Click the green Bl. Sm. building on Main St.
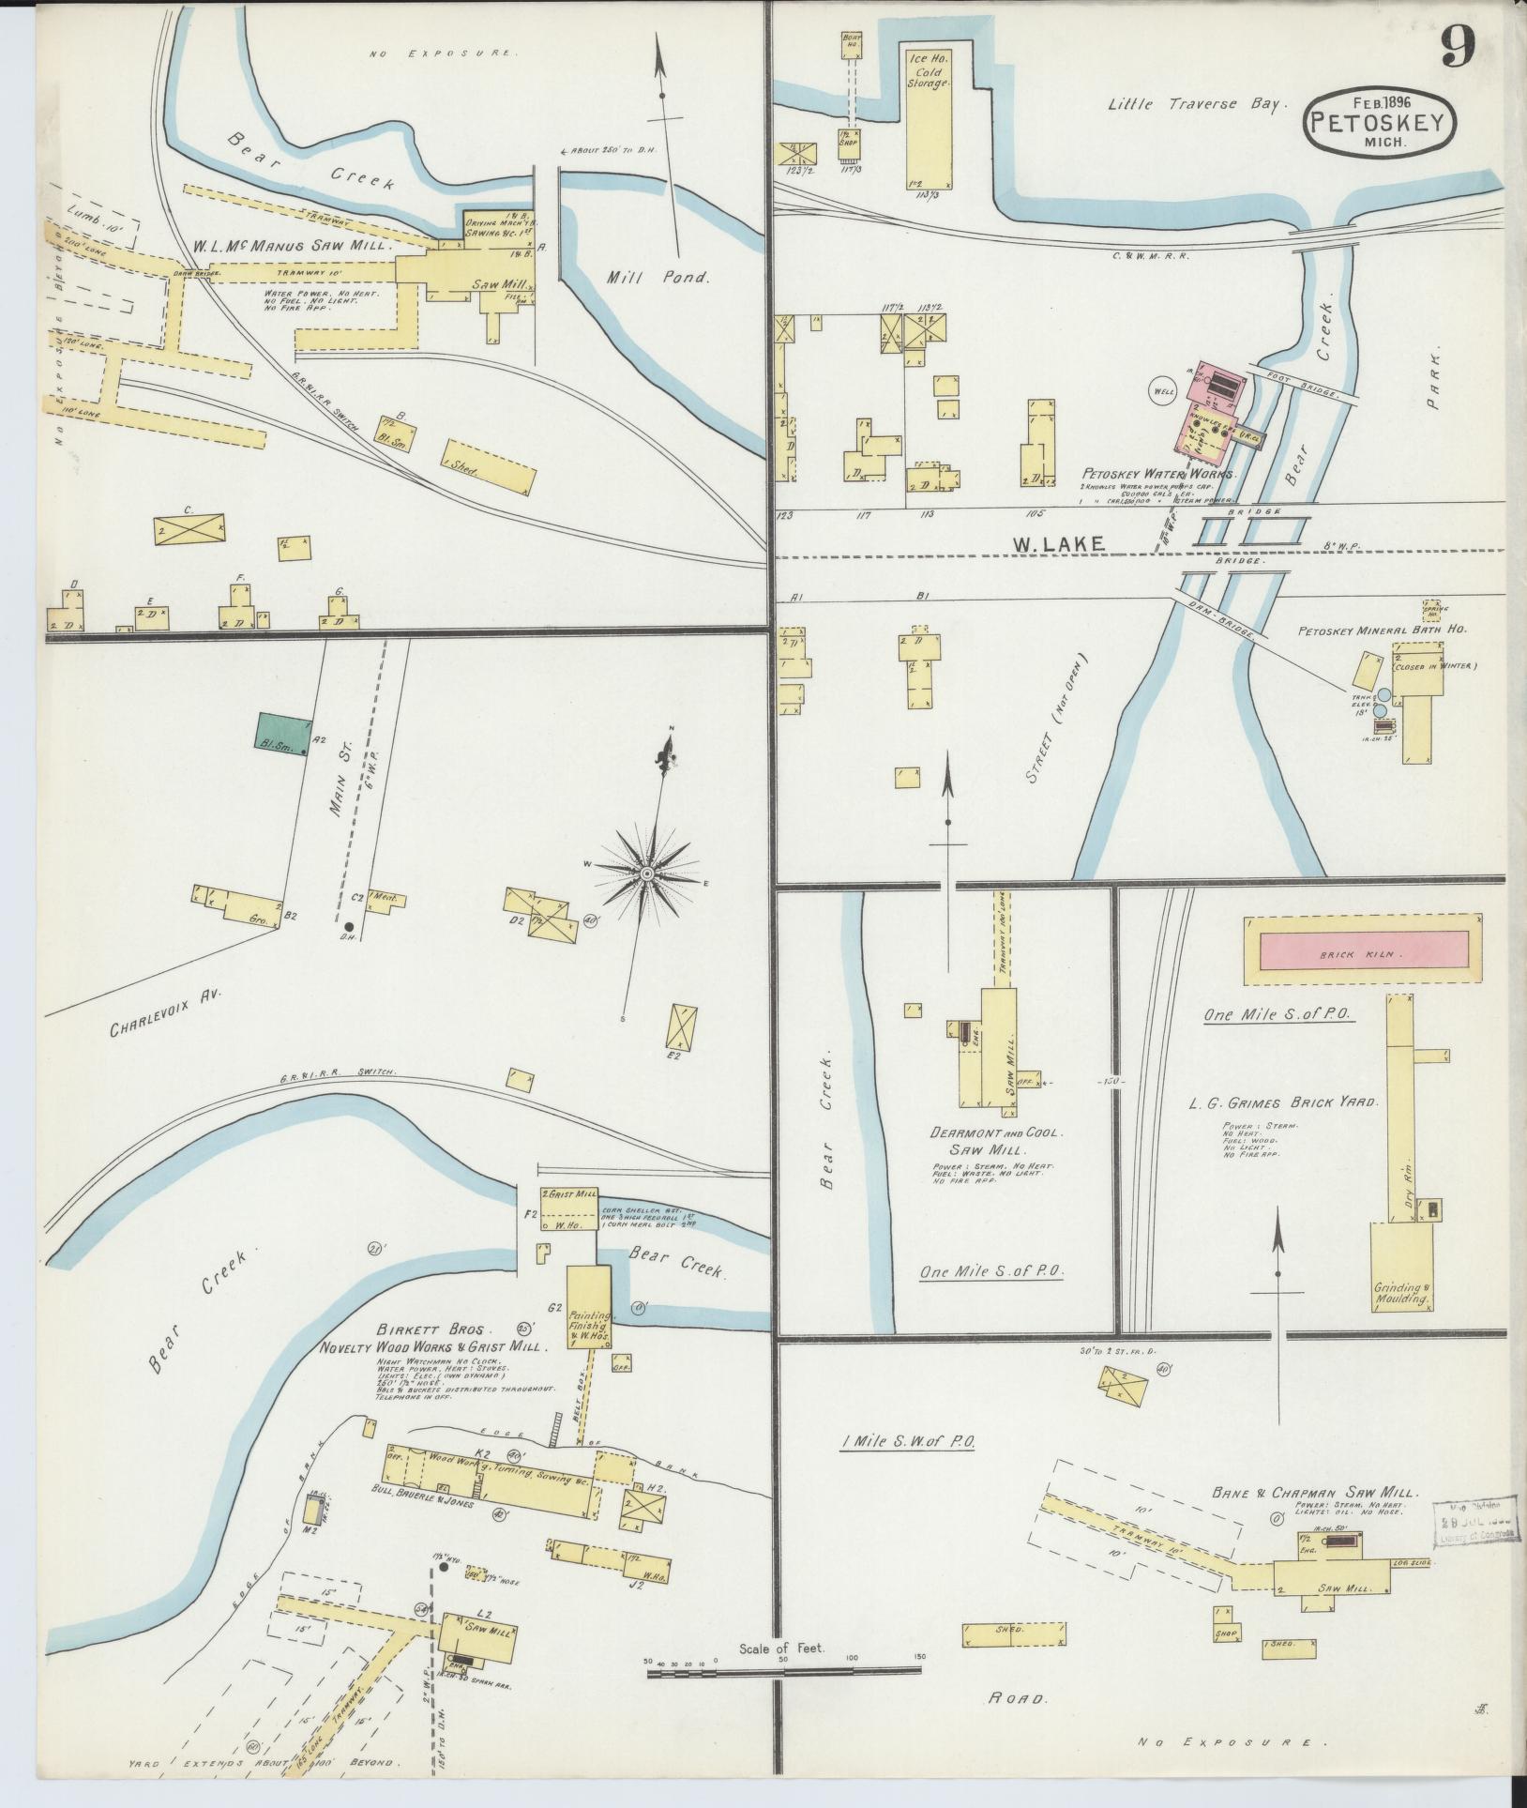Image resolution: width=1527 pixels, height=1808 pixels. click(x=282, y=731)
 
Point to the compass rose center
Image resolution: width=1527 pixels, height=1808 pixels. click(x=647, y=874)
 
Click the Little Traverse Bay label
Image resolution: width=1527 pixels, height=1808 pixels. click(x=1193, y=105)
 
